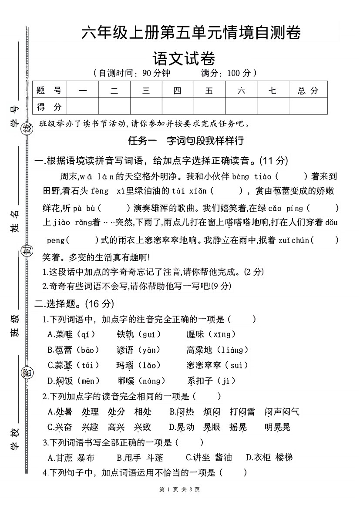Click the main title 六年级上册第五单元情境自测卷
click(191, 33)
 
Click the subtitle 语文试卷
click(184, 58)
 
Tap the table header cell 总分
click(308, 91)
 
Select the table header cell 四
click(178, 91)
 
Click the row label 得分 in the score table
click(49, 107)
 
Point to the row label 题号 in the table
click(49, 91)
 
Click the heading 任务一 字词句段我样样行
click(185, 141)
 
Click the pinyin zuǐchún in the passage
click(294, 239)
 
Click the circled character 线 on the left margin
click(27, 128)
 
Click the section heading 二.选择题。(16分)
click(74, 303)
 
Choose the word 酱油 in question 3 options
click(223, 457)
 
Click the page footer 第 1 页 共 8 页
click(180, 489)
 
